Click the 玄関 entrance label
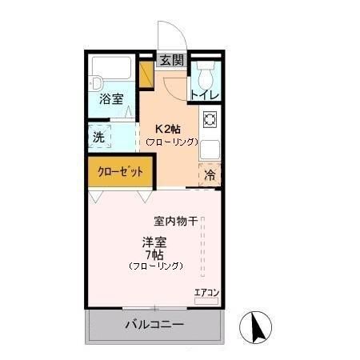171,59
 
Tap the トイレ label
204,94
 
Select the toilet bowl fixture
206,75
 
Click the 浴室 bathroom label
111,99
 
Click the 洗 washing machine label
98,137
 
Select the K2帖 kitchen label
169,128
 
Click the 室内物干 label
175,221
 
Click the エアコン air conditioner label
206,291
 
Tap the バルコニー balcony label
154,325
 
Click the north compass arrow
258,326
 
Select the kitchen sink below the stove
210,149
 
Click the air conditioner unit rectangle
206,302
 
